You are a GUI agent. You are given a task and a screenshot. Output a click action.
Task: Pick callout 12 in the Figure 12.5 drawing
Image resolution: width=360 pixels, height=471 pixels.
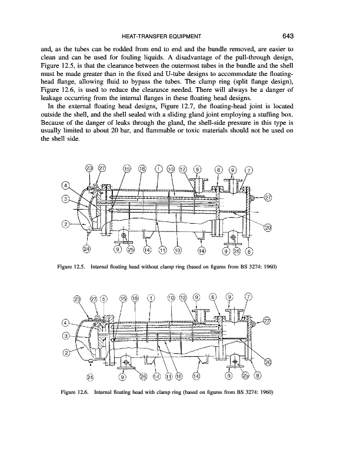[183, 169]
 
